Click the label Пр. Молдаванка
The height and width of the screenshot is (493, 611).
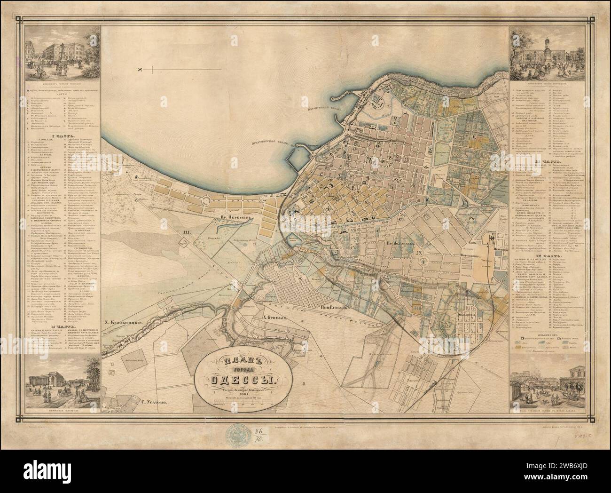click(x=402, y=244)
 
